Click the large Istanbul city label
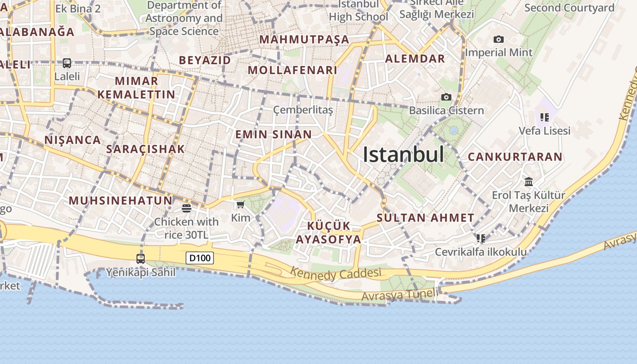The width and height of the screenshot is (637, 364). tap(403, 155)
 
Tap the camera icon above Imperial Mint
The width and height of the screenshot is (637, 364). tap(499, 40)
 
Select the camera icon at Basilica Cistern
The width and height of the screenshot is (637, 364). tap(446, 97)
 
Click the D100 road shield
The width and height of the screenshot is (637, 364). tap(200, 258)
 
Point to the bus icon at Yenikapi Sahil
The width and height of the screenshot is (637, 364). tap(141, 258)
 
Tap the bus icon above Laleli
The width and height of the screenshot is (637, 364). tap(67, 63)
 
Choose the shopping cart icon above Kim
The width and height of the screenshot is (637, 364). tap(241, 205)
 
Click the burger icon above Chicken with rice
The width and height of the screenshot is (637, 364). tap(186, 208)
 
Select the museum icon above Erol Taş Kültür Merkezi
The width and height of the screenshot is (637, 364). tap(529, 182)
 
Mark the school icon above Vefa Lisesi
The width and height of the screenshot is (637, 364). tap(545, 117)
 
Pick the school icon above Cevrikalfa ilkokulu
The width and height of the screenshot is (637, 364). tap(481, 238)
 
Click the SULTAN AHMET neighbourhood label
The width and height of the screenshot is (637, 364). tap(425, 218)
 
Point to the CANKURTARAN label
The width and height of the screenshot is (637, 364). tap(515, 157)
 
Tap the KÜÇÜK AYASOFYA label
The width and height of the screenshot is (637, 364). tap(329, 233)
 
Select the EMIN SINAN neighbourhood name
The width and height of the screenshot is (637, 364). tap(273, 135)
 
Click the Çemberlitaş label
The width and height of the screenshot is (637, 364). tap(303, 110)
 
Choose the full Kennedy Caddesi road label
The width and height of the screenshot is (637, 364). tap(335, 274)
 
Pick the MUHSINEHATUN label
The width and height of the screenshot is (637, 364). tap(121, 200)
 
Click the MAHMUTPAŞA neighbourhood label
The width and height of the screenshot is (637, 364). tap(304, 40)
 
